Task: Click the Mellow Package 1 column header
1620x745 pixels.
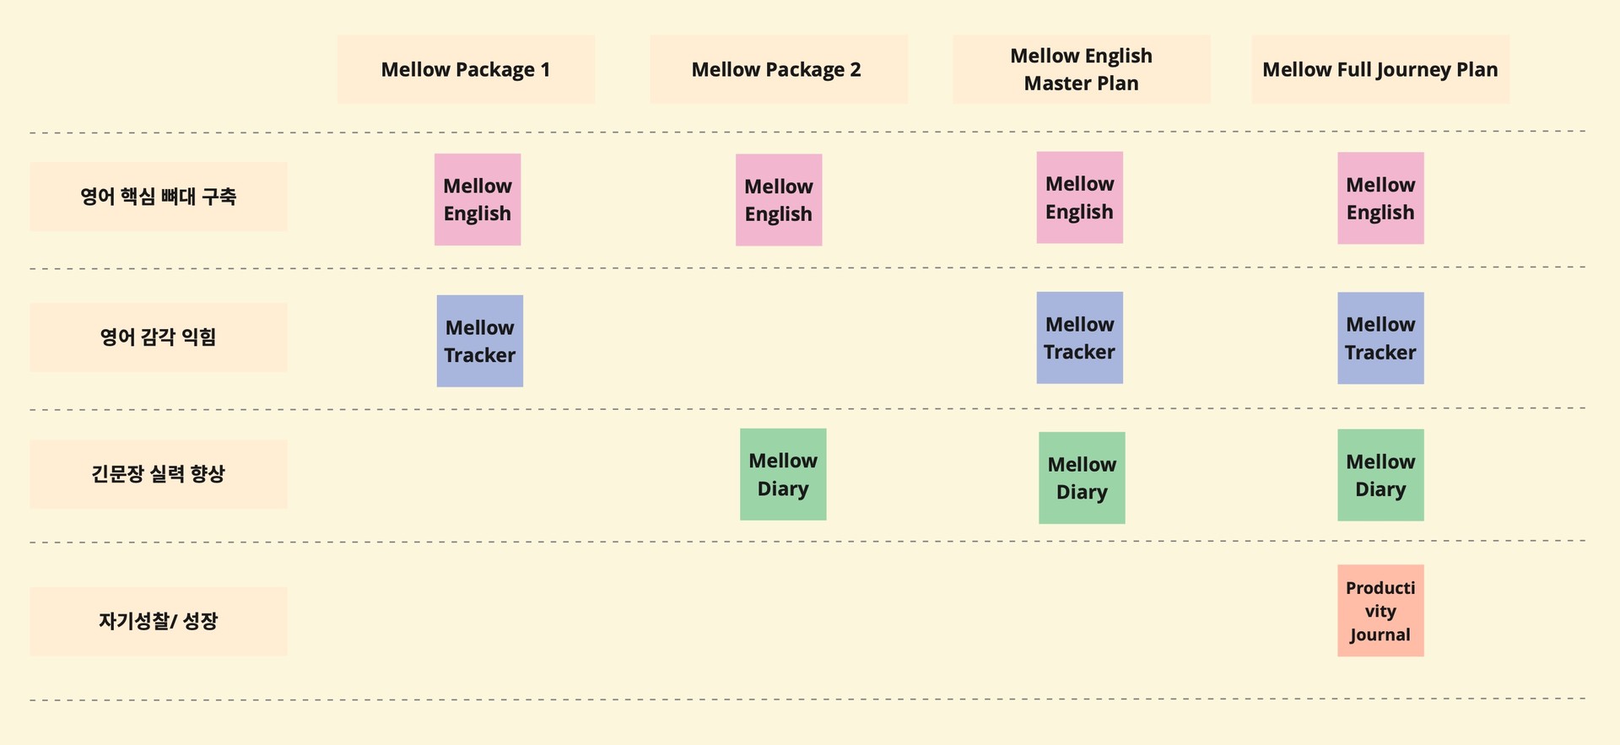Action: [x=466, y=69]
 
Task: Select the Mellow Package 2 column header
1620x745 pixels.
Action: [x=776, y=69]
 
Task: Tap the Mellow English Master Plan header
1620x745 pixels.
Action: [x=1081, y=69]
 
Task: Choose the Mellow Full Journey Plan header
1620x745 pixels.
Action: [x=1380, y=69]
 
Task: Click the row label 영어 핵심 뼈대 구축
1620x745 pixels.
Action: [x=159, y=197]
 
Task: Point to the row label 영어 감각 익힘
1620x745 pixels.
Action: [x=159, y=337]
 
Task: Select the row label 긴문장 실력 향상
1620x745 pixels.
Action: [x=159, y=474]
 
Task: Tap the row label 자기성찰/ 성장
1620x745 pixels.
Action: [x=159, y=622]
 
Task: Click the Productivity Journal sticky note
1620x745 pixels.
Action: [x=1380, y=611]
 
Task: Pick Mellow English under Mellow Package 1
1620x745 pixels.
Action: [x=478, y=200]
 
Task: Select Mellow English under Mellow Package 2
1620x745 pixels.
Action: [x=779, y=200]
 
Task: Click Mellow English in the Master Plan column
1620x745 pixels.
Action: [x=1079, y=197]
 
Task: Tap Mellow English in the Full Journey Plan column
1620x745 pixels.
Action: [x=1380, y=198]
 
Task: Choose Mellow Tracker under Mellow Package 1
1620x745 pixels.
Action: [x=479, y=341]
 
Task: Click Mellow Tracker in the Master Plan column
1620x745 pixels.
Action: [x=1079, y=337]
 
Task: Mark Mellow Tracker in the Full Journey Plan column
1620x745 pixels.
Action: [x=1380, y=338]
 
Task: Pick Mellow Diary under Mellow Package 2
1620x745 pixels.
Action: [x=783, y=474]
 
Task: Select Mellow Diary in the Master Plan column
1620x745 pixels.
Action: [x=1082, y=478]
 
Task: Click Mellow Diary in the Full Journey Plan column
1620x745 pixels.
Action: [x=1380, y=475]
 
